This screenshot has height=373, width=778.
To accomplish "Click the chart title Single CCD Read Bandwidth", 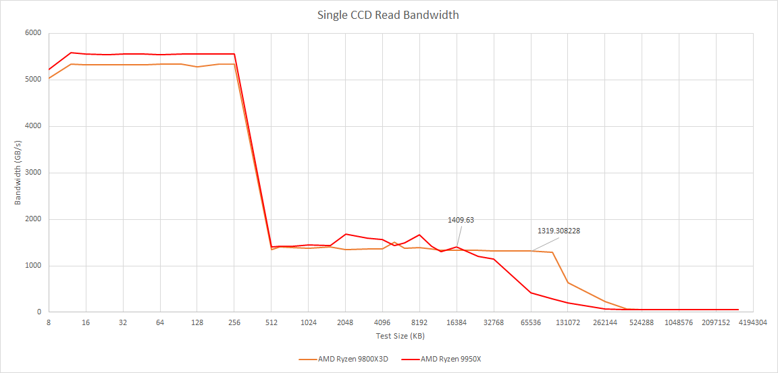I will pos(388,15).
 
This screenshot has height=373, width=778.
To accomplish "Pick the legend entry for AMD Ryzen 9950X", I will pos(450,359).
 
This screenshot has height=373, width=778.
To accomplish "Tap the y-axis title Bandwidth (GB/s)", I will pos(18,172).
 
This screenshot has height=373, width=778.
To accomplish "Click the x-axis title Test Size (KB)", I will pos(400,335).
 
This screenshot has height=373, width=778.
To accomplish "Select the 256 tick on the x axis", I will pos(234,322).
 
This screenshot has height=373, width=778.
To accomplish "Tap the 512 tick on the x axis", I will pos(271,322).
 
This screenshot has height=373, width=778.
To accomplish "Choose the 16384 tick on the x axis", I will pos(457,322).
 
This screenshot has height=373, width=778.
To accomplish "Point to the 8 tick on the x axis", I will pos(49,322).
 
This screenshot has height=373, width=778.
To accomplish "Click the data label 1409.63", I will pos(461,220).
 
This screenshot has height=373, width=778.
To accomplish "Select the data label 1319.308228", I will pos(559,231).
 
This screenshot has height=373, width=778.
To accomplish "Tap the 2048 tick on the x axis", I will pos(345,322).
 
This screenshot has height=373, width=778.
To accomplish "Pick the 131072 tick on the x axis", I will pos(567,322).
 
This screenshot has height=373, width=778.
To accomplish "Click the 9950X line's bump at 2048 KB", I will pos(346,234).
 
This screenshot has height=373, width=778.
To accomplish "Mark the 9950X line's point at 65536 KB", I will pos(531,293).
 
